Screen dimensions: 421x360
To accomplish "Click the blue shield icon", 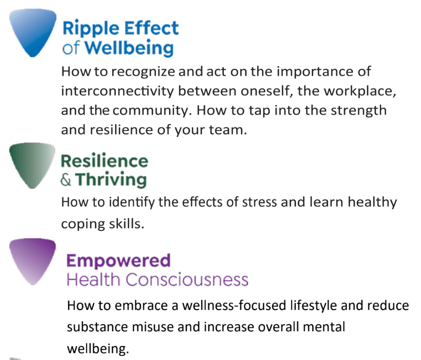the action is tap(33, 32).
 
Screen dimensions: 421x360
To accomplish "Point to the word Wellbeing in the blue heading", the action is tap(129, 48).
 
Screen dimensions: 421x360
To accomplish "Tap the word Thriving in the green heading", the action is tap(111, 180).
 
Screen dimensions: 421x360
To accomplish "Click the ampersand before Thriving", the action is tap(66, 180).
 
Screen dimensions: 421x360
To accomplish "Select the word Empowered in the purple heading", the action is tap(119, 260).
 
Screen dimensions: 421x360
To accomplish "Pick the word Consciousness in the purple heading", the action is tap(187, 280).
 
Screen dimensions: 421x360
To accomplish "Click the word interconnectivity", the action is tap(118, 91).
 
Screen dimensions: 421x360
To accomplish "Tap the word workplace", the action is tap(360, 91).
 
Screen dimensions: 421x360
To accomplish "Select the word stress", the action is tap(259, 202).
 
